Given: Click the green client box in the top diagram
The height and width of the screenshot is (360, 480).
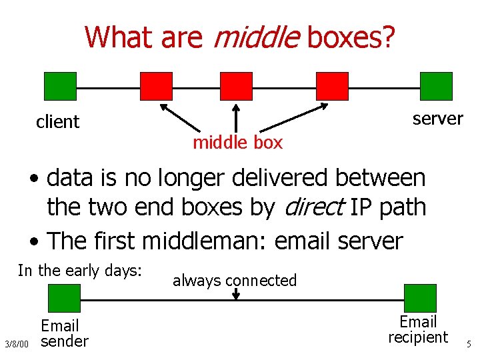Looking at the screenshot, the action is (60, 86).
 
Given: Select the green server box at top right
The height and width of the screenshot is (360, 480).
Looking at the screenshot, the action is (436, 86).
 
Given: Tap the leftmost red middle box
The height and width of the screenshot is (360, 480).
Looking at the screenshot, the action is (156, 86).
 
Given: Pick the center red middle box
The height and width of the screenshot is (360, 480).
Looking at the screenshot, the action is (236, 86).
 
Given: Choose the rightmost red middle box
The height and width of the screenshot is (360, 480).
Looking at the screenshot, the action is (332, 86).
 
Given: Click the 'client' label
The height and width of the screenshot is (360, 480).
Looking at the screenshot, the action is (58, 122).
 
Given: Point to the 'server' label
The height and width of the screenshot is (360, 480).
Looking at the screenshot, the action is (437, 119).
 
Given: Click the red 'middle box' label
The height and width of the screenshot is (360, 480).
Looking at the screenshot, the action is (237, 142).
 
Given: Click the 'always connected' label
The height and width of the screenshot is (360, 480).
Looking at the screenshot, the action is (235, 281).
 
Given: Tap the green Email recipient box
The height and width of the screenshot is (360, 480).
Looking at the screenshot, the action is (420, 297).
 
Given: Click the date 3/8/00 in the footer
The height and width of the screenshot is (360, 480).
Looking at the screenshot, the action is (17, 344).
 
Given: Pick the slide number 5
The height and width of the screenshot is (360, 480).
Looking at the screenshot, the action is (469, 345).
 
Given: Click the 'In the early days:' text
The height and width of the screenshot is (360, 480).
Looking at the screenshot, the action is (80, 271).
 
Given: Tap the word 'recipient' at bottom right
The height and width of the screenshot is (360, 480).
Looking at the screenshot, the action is (418, 337).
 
